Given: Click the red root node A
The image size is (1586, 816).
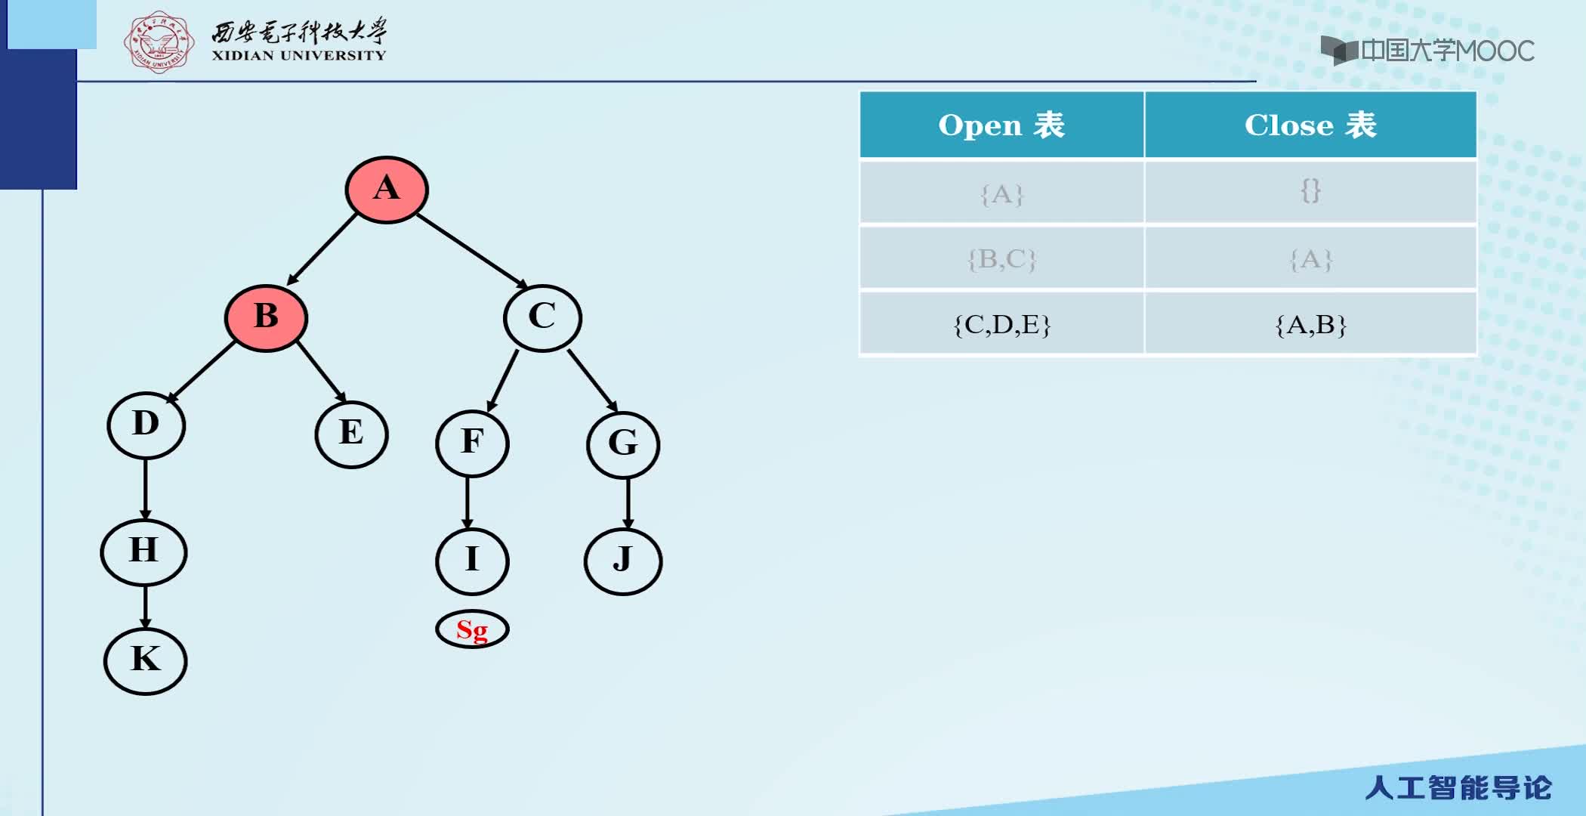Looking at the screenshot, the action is pyautogui.click(x=387, y=189).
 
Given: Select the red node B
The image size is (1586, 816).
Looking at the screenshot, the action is pyautogui.click(x=266, y=318).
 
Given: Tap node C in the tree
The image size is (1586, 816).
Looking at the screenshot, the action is pyautogui.click(x=542, y=318).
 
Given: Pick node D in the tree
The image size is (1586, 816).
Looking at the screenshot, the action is pyautogui.click(x=146, y=425).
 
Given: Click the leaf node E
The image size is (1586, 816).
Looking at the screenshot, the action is pyautogui.click(x=351, y=434).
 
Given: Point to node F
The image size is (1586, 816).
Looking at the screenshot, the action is pyautogui.click(x=472, y=444).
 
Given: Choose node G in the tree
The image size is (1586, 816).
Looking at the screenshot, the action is pyautogui.click(x=623, y=444).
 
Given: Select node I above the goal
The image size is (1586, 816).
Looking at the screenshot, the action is pyautogui.click(x=472, y=561).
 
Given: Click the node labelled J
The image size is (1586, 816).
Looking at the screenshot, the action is pyautogui.click(x=623, y=561).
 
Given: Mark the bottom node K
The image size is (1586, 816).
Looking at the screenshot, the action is pyautogui.click(x=145, y=661).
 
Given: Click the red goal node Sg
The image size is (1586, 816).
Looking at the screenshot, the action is pyautogui.click(x=472, y=629).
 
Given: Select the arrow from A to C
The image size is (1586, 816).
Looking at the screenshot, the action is pyautogui.click(x=472, y=251).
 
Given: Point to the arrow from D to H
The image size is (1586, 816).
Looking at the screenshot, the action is pyautogui.click(x=145, y=489).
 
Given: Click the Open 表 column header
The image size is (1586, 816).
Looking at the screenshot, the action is pyautogui.click(x=1001, y=125).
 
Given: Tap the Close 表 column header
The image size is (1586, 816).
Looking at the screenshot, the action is pyautogui.click(x=1310, y=125).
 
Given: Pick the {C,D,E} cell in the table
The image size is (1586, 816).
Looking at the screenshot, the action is pyautogui.click(x=1001, y=324).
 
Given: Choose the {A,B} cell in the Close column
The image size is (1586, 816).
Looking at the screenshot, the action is pyautogui.click(x=1310, y=324).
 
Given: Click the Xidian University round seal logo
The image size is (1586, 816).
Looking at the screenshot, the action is pyautogui.click(x=159, y=42).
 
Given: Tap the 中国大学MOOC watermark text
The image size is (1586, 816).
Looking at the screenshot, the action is pyautogui.click(x=1447, y=51).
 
